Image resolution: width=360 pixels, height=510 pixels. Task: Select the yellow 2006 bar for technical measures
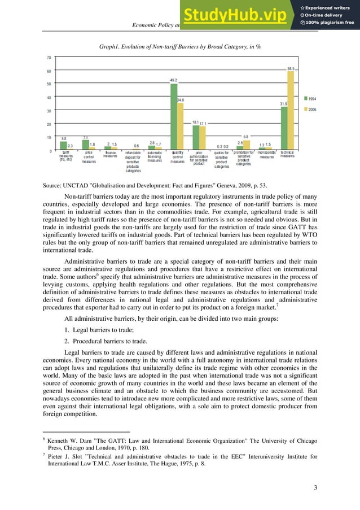tap(291, 111)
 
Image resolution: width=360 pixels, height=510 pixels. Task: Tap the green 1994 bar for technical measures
tap(284, 128)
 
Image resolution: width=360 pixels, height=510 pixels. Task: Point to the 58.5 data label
tap(291, 68)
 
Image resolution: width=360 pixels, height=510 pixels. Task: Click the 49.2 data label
tap(174, 80)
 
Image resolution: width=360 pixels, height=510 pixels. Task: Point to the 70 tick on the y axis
tap(49, 58)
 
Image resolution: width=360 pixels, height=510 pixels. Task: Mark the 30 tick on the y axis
tap(49, 111)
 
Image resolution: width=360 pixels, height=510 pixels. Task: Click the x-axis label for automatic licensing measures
tap(155, 156)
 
